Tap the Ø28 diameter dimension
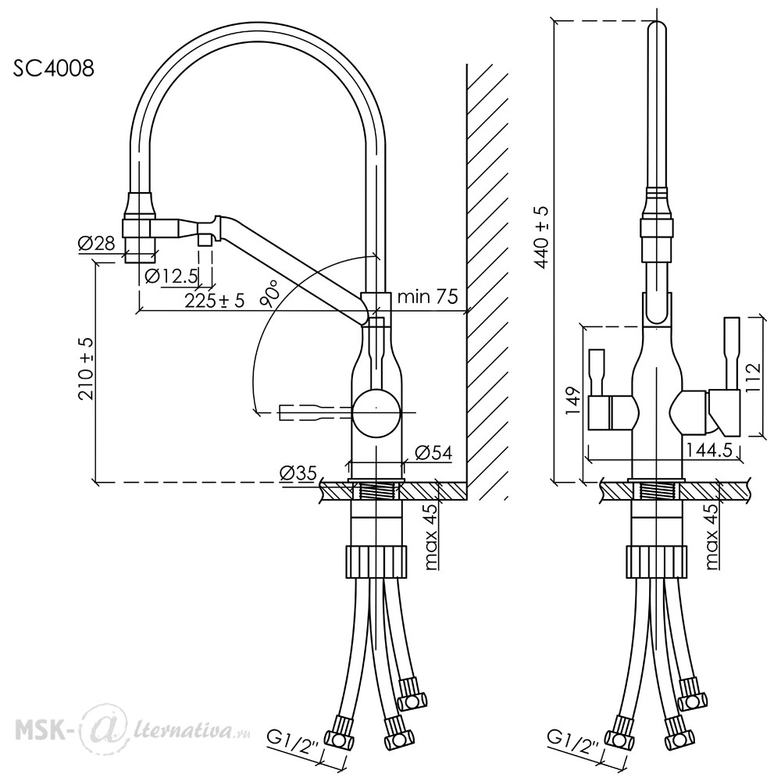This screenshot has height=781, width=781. pyautogui.click(x=97, y=243)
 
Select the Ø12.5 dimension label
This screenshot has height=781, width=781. pyautogui.click(x=171, y=276)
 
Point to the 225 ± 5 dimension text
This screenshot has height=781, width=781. pyautogui.click(x=215, y=301)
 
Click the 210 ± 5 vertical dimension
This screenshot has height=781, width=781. pyautogui.click(x=86, y=369)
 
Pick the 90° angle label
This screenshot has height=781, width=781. pyautogui.click(x=269, y=294)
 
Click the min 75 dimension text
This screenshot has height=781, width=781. pyautogui.click(x=427, y=297)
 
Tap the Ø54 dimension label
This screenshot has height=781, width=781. pyautogui.click(x=433, y=452)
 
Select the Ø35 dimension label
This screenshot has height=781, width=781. pyautogui.click(x=298, y=473)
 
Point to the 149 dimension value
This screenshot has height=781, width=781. pyautogui.click(x=574, y=400)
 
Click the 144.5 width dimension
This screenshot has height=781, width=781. pyautogui.click(x=709, y=451)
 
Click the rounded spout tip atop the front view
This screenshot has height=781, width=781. pyautogui.click(x=658, y=30)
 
